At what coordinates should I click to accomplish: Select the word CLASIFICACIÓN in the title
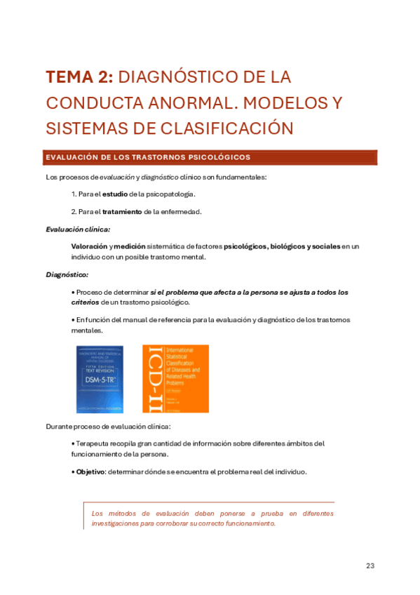coord(210,129)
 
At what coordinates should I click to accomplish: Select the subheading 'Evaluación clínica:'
coord(77,229)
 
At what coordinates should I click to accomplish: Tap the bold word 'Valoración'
coord(89,247)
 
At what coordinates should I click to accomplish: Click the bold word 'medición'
coord(130,247)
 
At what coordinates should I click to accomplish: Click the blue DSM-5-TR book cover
coord(100,378)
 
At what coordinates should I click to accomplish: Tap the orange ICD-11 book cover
coord(175,378)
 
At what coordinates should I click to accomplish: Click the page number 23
coord(371,566)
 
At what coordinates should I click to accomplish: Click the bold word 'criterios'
coord(86,302)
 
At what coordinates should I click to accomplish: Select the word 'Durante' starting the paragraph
coord(60,426)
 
